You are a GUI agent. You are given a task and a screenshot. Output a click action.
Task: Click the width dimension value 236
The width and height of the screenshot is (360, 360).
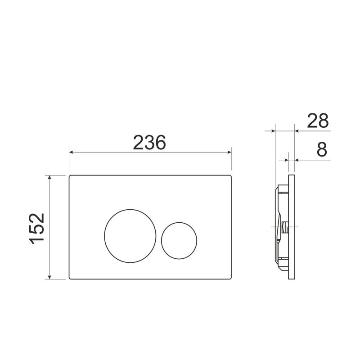150,143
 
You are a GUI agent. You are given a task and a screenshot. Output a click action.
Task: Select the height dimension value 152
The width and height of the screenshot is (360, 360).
37,228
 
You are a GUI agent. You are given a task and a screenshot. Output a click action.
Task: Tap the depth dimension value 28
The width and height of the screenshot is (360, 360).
318,121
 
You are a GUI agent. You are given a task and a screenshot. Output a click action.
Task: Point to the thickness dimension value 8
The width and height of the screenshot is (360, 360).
321,150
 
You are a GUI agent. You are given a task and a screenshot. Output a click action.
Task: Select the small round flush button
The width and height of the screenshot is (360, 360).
179,241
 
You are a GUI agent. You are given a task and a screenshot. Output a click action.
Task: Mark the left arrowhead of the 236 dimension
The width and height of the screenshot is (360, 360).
72,153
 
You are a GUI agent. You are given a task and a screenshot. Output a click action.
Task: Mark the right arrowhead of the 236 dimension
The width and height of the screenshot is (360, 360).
229,153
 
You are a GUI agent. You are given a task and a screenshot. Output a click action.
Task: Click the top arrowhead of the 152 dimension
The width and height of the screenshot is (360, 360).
50,178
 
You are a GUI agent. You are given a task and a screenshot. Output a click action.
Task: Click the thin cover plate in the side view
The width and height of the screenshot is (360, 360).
292,227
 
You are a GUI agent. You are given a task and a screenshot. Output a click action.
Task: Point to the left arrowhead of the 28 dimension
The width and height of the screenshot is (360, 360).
272,131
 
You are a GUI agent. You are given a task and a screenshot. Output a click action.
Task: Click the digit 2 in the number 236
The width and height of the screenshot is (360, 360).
139,143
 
